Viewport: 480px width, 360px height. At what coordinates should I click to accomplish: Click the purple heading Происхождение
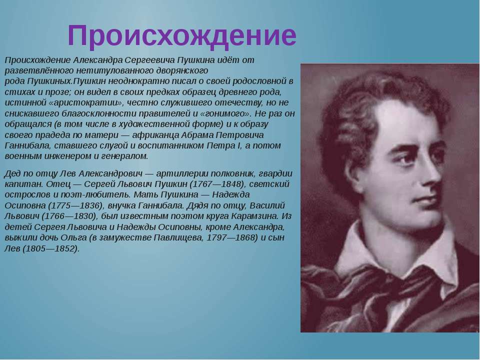tap(182, 36)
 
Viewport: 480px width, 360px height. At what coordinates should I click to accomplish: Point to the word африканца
tap(155, 135)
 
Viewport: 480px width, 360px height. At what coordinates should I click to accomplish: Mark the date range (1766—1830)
tap(69, 216)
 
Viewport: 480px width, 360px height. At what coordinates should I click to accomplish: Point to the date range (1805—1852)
tap(51, 248)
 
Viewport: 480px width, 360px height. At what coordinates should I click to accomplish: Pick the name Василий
tap(267, 205)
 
